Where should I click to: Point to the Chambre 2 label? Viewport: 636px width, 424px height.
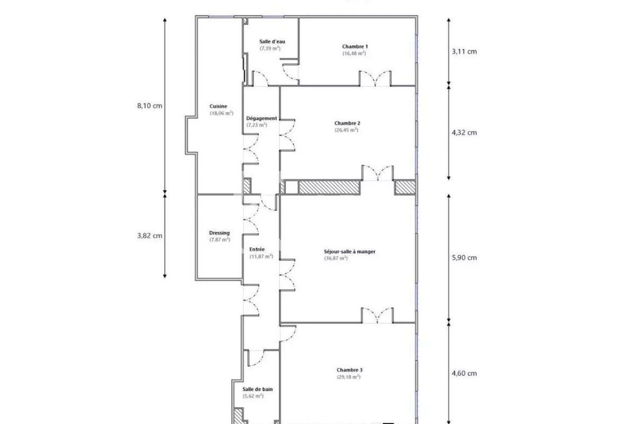(347, 123)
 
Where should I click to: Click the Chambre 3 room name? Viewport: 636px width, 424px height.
(349, 370)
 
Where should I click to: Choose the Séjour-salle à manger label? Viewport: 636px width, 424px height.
(350, 252)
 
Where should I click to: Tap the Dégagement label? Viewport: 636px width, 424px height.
(262, 118)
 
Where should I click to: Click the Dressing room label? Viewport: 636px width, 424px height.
(219, 233)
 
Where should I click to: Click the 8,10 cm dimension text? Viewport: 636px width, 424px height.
(149, 105)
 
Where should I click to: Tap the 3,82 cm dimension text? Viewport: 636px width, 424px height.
(149, 236)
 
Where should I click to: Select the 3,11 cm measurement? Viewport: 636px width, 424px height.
(464, 51)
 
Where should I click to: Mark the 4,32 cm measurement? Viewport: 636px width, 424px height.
(464, 132)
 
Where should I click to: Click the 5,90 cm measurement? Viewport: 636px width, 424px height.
(464, 258)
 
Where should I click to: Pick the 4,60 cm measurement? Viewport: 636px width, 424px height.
(464, 373)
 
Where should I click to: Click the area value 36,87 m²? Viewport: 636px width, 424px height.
(336, 258)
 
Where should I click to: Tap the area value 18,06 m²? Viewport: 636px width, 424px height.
(222, 113)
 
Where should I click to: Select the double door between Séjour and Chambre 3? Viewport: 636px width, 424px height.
(377, 315)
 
